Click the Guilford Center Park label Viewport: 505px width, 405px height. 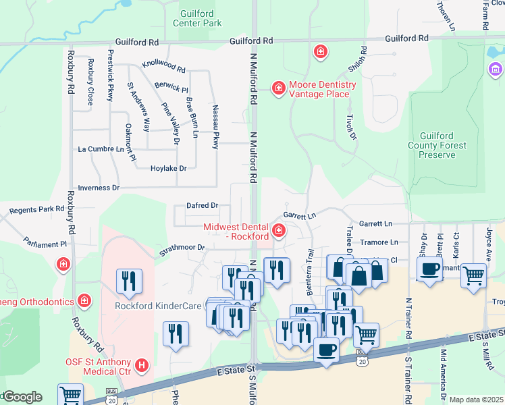(201, 18)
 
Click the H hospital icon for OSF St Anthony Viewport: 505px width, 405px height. (142, 366)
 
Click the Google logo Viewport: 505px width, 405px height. (22, 397)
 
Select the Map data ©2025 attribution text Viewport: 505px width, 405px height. (475, 400)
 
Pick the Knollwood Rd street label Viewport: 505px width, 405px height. (163, 67)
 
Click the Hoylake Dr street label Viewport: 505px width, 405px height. (168, 168)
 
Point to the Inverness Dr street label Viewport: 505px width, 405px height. (99, 188)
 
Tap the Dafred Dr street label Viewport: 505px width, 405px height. (202, 205)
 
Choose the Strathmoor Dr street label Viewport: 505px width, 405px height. (182, 248)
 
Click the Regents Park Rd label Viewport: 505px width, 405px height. (41, 210)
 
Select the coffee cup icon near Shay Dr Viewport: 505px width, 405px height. (429, 270)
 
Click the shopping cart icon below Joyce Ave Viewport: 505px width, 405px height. (474, 275)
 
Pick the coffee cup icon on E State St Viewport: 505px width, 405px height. (327, 350)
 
